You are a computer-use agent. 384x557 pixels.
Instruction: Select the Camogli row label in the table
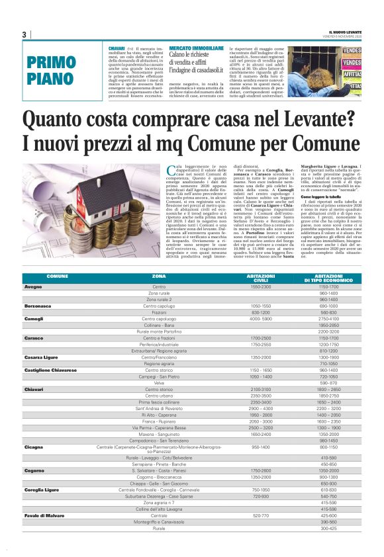(x=34, y=319)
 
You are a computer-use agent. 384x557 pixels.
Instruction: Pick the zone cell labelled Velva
(x=159, y=383)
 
